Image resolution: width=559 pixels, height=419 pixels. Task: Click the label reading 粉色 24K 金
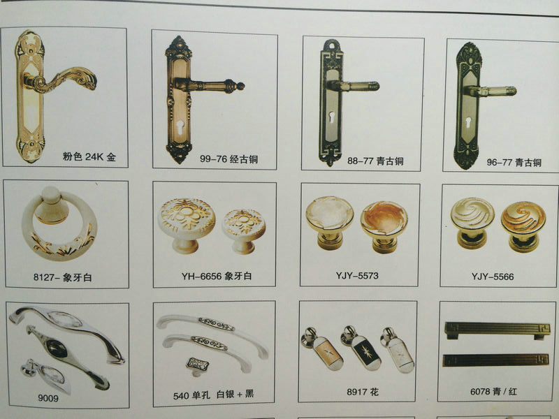pyautogui.click(x=89, y=156)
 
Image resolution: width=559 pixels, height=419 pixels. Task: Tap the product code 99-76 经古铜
pyautogui.click(x=229, y=159)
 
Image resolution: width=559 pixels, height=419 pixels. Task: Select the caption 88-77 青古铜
pyautogui.click(x=375, y=161)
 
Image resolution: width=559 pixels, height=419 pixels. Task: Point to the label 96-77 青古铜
pyautogui.click(x=514, y=163)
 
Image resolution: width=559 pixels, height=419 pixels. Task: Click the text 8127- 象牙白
pyautogui.click(x=63, y=277)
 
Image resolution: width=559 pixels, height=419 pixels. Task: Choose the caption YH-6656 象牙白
pyautogui.click(x=217, y=276)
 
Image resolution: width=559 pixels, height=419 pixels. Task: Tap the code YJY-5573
pyautogui.click(x=357, y=275)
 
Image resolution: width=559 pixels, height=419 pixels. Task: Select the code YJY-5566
pyautogui.click(x=493, y=277)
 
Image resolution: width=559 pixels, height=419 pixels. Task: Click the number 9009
pyautogui.click(x=48, y=398)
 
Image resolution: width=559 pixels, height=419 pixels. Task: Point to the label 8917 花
pyautogui.click(x=362, y=392)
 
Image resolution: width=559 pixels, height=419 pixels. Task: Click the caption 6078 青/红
pyautogui.click(x=493, y=392)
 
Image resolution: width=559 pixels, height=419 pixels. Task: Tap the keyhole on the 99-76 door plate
pyautogui.click(x=180, y=127)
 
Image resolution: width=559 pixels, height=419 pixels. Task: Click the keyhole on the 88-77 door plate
pyautogui.click(x=332, y=118)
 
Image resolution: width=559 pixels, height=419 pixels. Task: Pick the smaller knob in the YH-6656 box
pyautogui.click(x=244, y=231)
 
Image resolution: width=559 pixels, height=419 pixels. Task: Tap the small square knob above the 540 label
pyautogui.click(x=197, y=366)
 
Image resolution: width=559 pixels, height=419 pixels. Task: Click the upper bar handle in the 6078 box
pyautogui.click(x=498, y=330)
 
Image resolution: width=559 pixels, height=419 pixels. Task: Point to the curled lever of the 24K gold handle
pyautogui.click(x=61, y=80)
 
